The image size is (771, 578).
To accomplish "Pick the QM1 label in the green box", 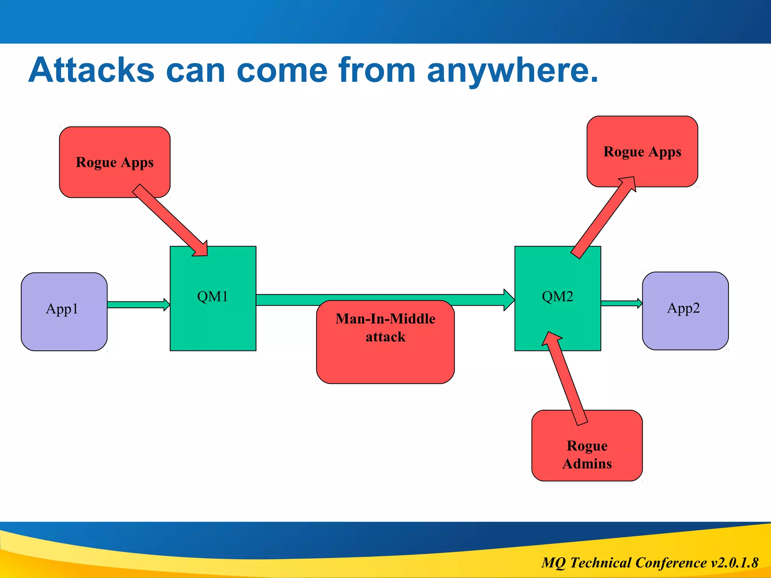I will point(213,297).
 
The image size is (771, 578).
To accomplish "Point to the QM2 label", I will point(557,297).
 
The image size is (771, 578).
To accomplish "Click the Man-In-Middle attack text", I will point(385,327).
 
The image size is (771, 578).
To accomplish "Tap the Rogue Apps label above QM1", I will point(115,162).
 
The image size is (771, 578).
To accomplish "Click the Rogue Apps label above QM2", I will point(642,152).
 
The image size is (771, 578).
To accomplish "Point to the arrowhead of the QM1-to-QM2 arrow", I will point(509,300).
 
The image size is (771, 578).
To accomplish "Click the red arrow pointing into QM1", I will point(169,221).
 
